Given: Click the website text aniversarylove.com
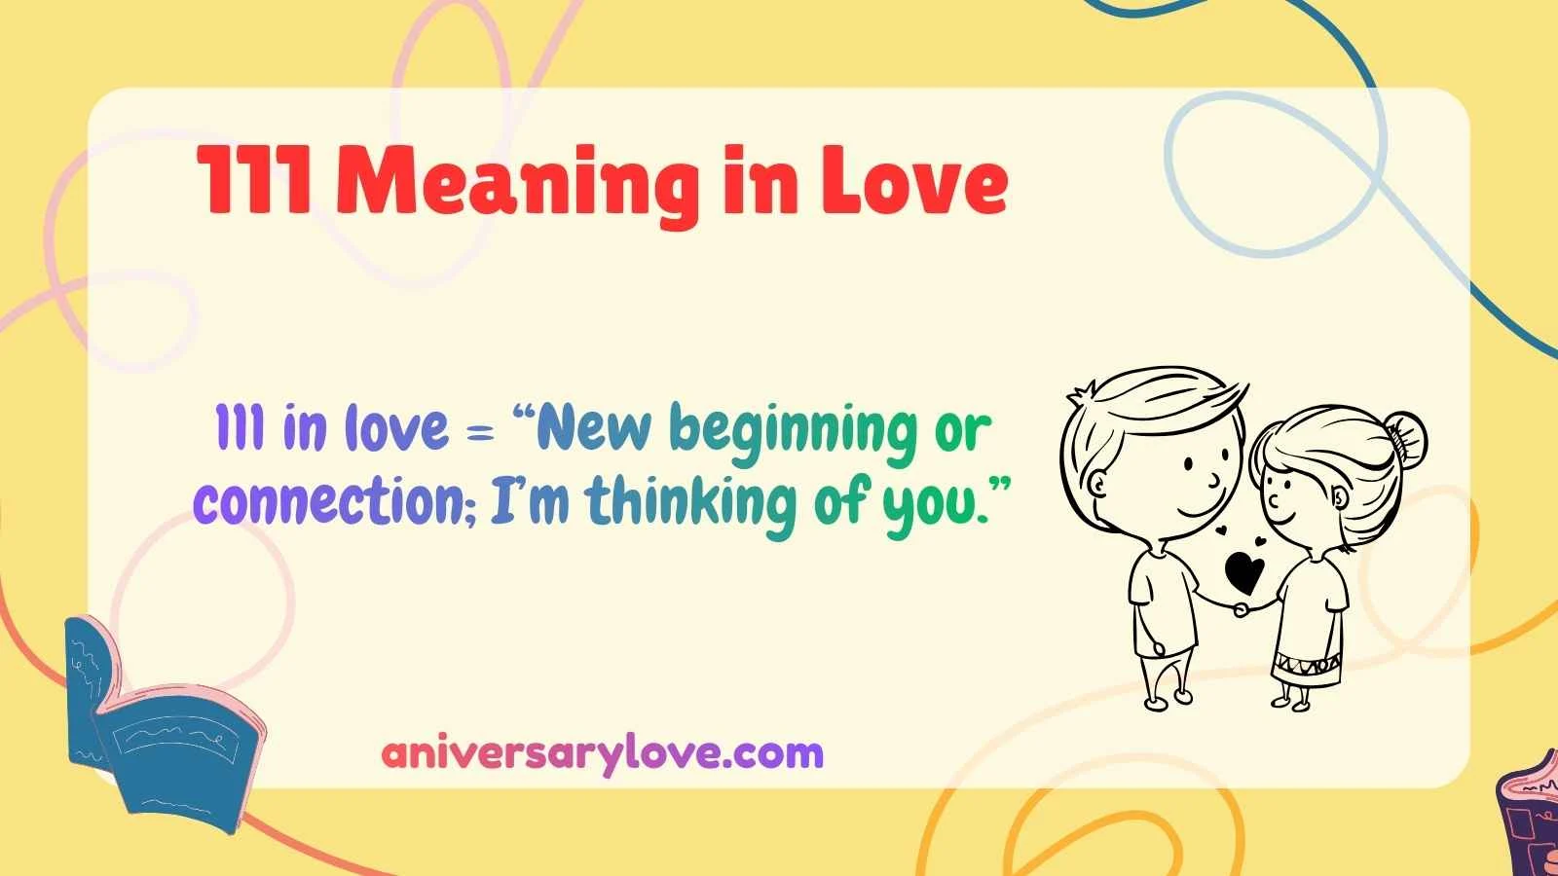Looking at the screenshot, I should [602, 752].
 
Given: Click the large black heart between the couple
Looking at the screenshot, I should [1243, 571].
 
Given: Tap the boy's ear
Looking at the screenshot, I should [1100, 483].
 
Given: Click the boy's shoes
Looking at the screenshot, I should [1168, 697].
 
